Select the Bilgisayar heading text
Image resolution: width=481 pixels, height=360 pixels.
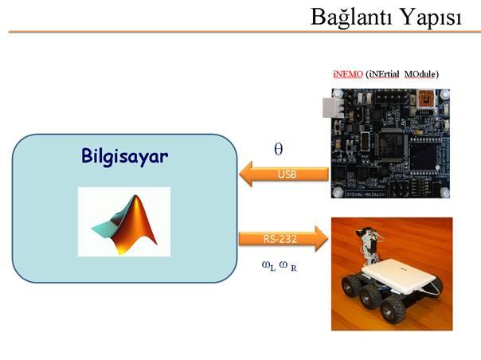pos(125,157)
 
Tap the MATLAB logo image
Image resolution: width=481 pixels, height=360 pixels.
pos(124,221)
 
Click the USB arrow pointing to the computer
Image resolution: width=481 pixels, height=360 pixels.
pos(284,174)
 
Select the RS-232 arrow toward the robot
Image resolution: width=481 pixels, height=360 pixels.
pos(284,239)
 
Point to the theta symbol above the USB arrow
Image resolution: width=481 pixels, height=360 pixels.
pos(278,149)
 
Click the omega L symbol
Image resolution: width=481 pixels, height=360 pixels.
pos(268,266)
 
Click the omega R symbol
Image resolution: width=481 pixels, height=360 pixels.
pos(288,266)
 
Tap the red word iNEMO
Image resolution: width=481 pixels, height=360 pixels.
pos(348,74)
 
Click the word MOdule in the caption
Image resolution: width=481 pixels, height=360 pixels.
pos(420,74)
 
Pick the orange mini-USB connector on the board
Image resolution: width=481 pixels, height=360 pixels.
pos(425,99)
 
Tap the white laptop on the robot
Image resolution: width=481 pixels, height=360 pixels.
pos(400,276)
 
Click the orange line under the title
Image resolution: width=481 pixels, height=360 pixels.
pos(244,32)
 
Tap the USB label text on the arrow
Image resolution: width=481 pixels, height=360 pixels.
pos(287,174)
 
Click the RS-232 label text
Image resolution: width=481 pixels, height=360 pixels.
pos(280,239)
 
